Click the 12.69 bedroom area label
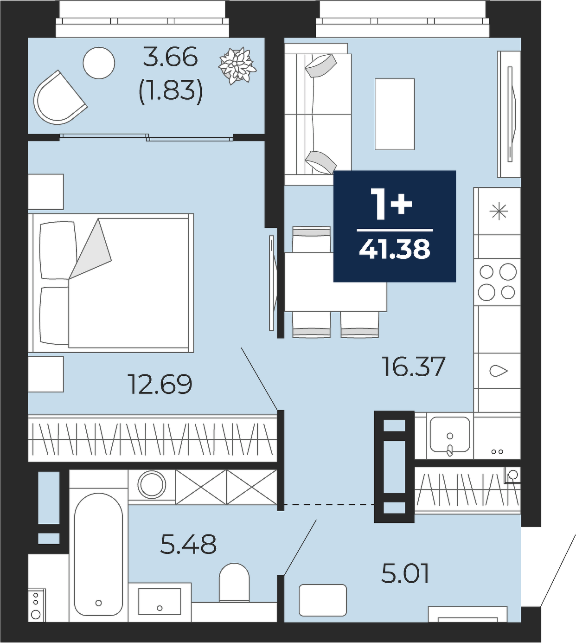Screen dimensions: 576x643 [160, 384]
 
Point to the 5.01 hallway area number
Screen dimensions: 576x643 [405, 582]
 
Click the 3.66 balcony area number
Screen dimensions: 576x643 [170, 57]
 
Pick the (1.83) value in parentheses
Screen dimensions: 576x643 [170, 91]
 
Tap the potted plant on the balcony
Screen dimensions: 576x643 [237, 66]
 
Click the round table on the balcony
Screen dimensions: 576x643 [99, 63]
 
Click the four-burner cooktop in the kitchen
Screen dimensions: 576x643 [497, 282]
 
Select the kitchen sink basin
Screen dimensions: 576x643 [450, 435]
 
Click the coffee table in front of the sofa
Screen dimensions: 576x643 [395, 114]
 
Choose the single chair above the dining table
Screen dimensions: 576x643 [311, 240]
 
